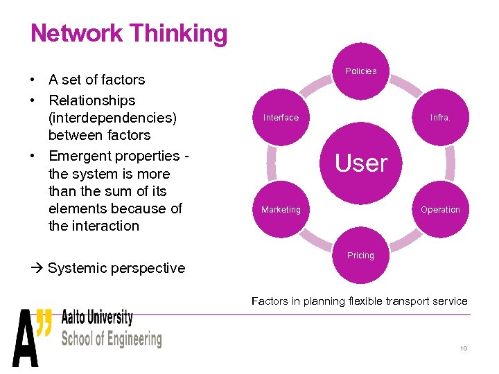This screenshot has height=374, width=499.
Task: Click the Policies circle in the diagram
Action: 360,71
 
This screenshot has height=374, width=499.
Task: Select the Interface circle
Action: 281,118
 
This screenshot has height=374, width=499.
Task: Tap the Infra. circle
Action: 440,118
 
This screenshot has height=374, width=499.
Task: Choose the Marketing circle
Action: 281,210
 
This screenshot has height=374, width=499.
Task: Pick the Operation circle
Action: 440,210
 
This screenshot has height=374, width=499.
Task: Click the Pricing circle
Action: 360,256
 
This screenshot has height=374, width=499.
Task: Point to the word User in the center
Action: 361,163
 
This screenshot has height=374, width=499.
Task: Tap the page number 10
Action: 464,348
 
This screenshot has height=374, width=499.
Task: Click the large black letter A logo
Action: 26,339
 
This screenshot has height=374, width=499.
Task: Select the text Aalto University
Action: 97,318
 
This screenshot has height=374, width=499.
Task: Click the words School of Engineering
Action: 111,339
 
